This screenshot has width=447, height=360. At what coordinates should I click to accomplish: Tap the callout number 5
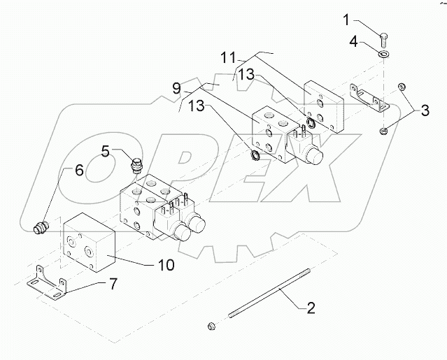pyautogui.click(x=106, y=150)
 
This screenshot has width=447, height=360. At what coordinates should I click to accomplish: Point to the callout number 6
pyautogui.click(x=79, y=170)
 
